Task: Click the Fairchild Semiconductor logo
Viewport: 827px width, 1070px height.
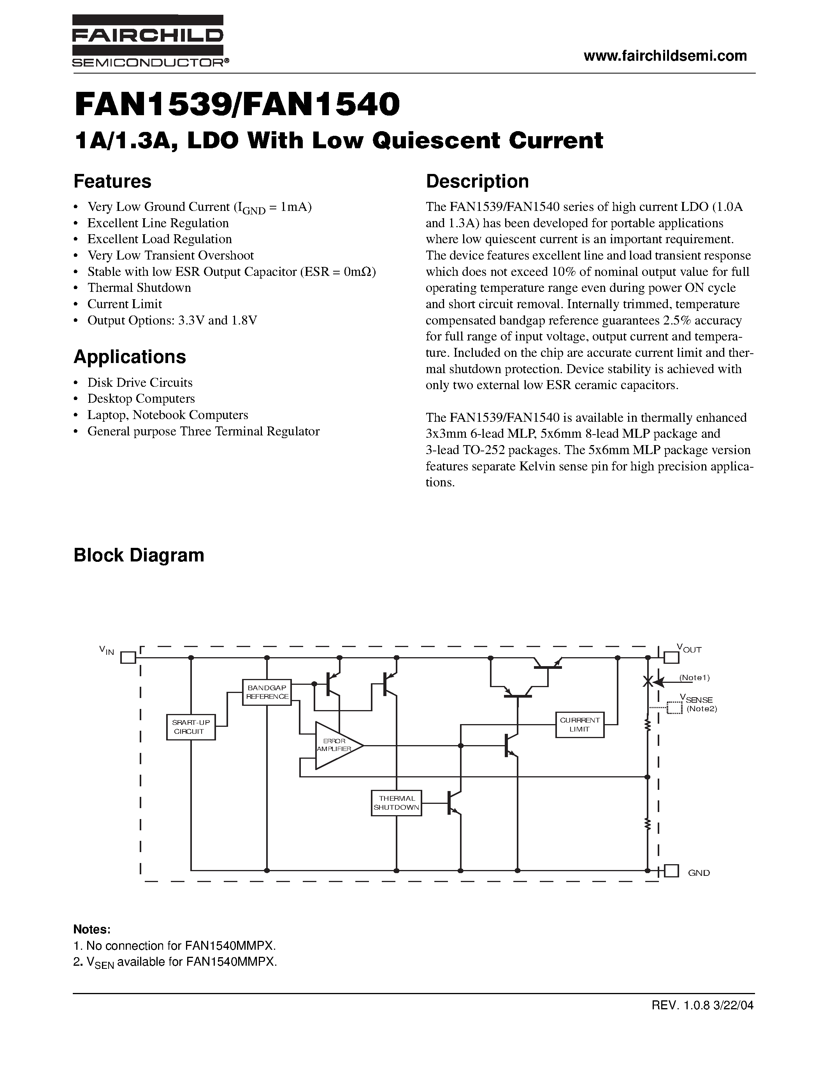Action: (148, 41)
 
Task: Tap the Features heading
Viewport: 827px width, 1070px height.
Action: (112, 181)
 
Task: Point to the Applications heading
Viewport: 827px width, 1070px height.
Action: (130, 357)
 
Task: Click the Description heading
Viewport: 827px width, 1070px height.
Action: (477, 181)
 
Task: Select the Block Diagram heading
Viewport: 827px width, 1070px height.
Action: (139, 555)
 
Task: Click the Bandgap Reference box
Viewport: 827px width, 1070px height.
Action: (267, 692)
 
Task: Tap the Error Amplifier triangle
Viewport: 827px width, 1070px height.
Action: (335, 745)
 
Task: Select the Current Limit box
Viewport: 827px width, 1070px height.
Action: (579, 724)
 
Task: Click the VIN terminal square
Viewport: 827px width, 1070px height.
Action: (128, 657)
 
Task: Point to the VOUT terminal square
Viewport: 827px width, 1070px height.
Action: (670, 656)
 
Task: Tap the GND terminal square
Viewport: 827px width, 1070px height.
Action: (671, 871)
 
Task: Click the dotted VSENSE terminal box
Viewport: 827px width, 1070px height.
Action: (674, 708)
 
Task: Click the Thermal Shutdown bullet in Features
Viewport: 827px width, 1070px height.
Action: (139, 288)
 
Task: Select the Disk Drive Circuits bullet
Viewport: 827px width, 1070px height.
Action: (140, 382)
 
